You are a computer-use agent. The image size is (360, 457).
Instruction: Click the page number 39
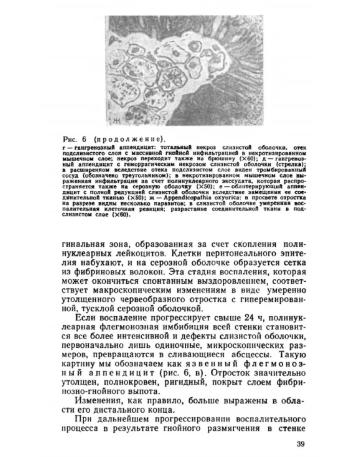299,444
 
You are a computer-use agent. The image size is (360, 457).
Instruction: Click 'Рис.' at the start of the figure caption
70,139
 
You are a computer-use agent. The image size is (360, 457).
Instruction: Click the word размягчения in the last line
236,429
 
